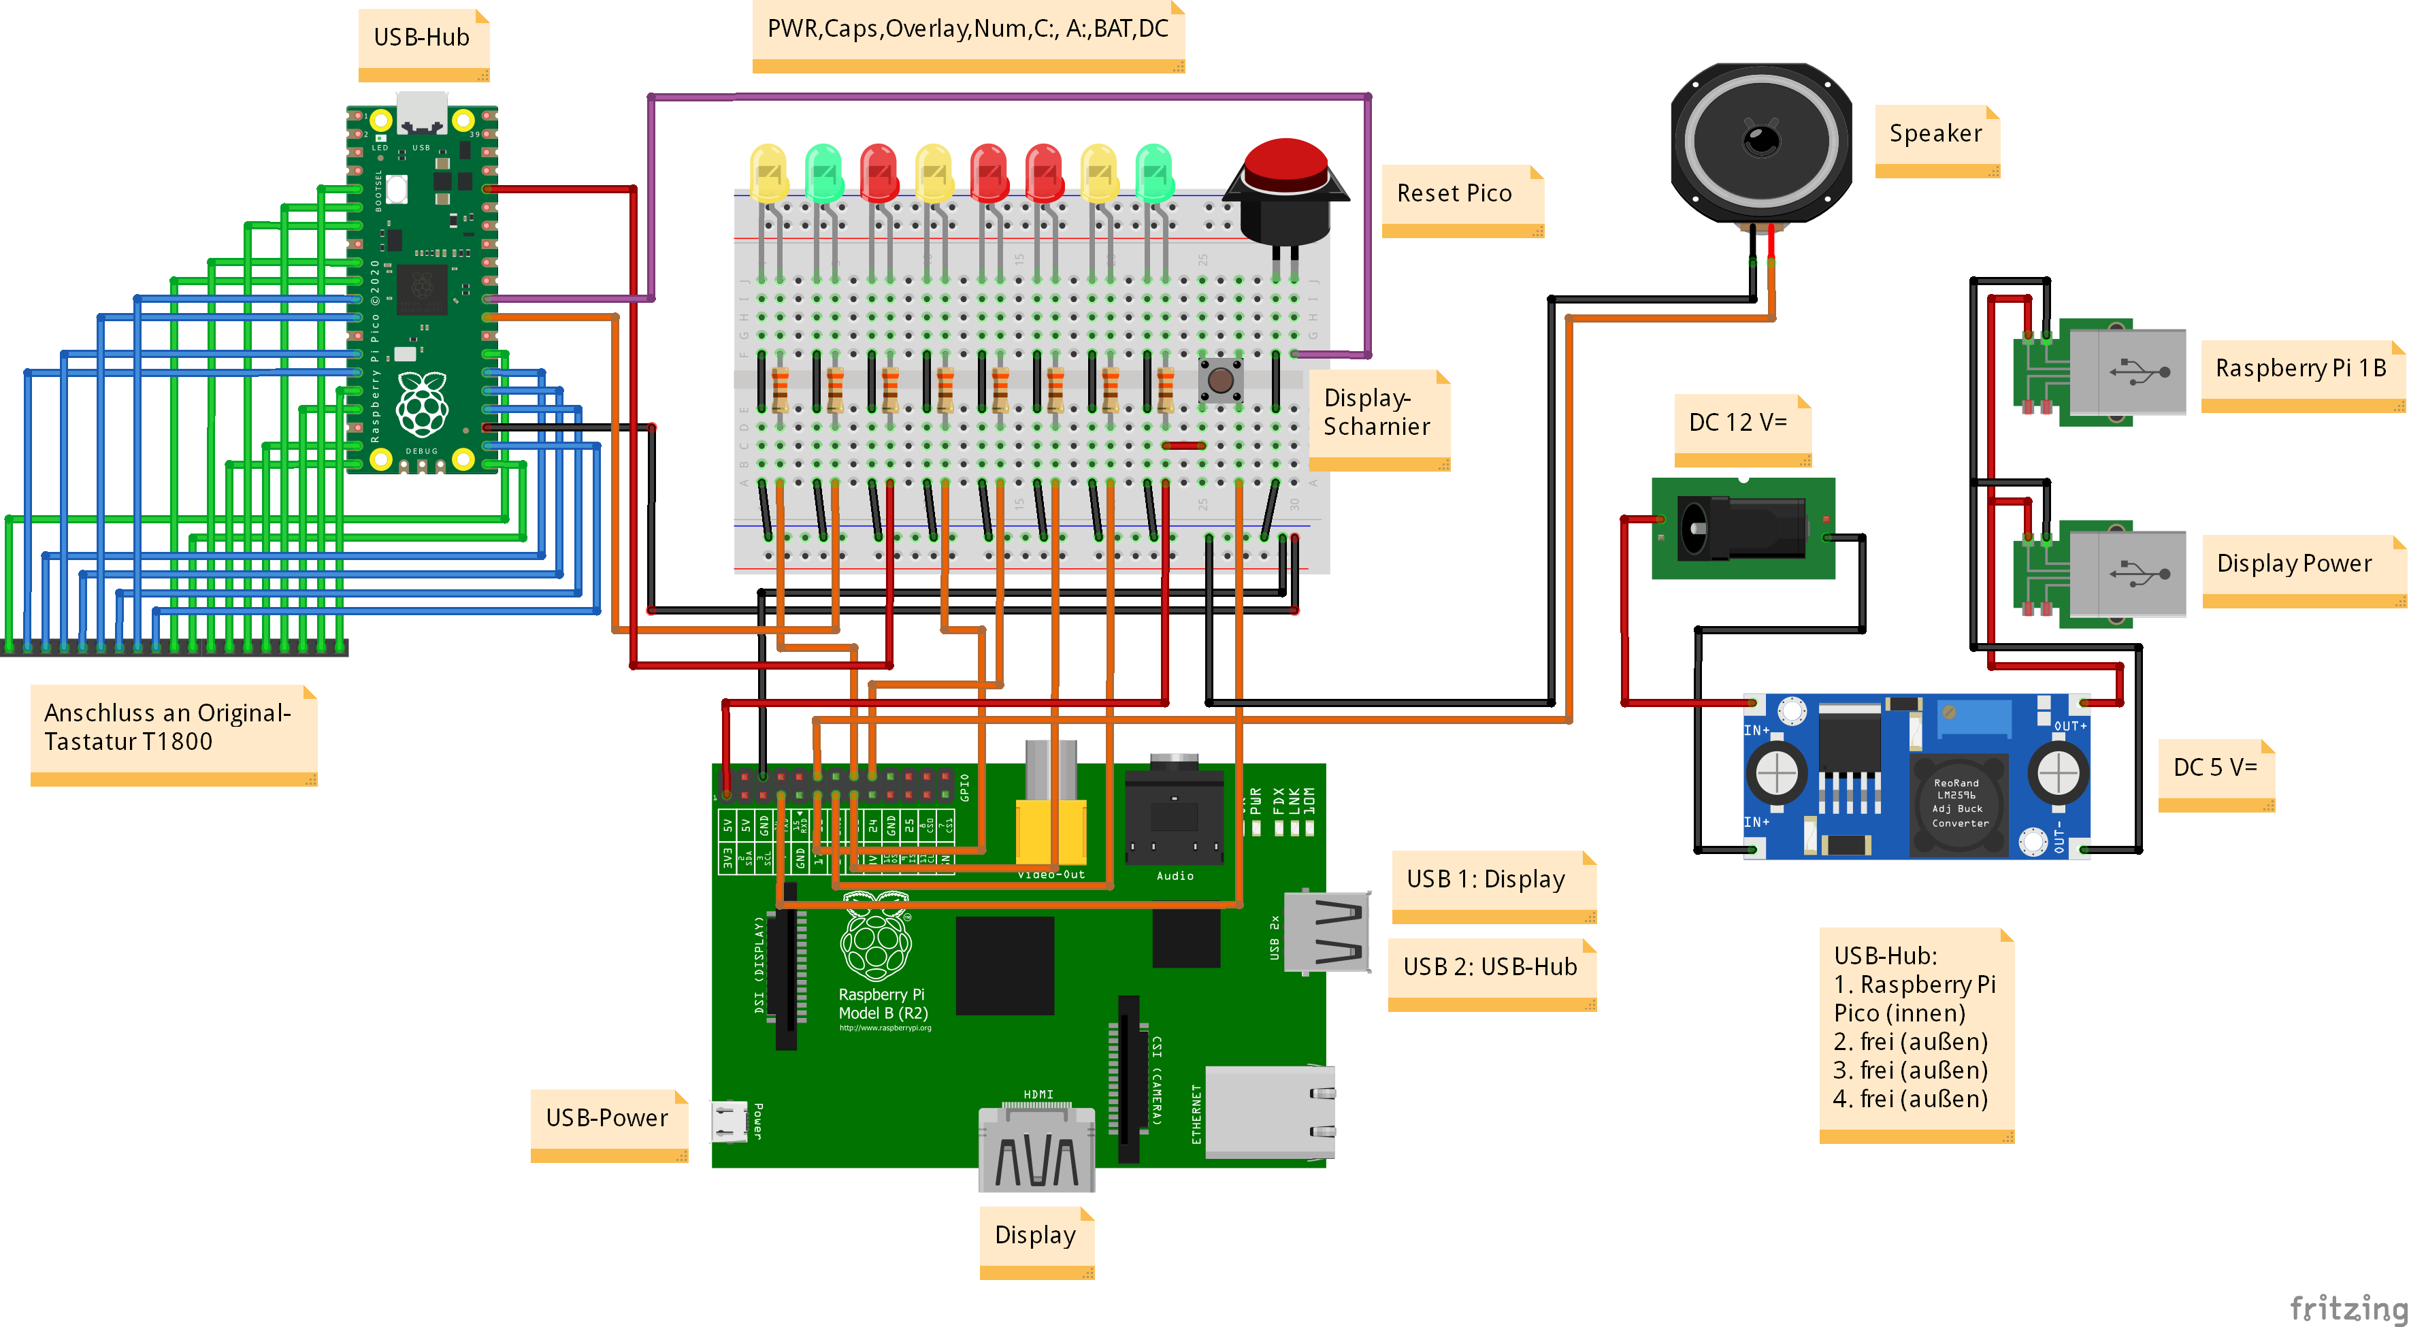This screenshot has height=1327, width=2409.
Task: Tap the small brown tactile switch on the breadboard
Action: pos(1220,380)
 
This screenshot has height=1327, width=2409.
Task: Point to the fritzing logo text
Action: pos(2347,1307)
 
